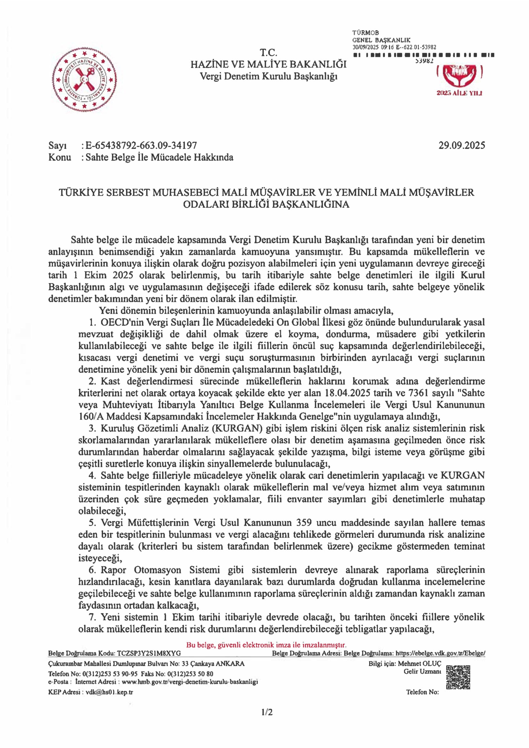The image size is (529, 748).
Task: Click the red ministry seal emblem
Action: [x=84, y=79]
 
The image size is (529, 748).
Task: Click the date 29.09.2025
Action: [x=462, y=145]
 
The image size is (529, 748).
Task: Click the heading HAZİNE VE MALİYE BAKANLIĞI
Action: [x=268, y=65]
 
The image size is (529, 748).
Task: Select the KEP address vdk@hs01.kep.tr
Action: [x=109, y=692]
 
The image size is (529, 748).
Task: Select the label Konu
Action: [x=60, y=157]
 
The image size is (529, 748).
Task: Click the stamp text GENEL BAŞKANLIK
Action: [x=381, y=40]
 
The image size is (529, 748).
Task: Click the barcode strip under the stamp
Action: [x=423, y=55]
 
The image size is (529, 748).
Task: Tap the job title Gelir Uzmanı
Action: [x=422, y=671]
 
